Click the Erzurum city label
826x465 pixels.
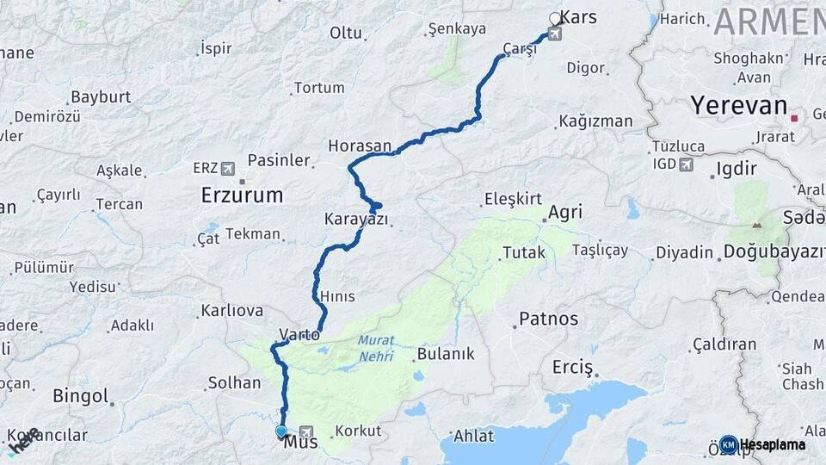point(242,195)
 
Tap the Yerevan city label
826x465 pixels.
point(738,106)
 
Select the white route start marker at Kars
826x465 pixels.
point(555,17)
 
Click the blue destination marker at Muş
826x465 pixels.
point(280,431)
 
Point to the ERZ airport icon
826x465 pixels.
point(227,168)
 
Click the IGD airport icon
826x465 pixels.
point(686,164)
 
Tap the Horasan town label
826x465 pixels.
point(359,146)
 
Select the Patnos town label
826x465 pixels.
point(548,319)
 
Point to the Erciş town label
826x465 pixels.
point(573,369)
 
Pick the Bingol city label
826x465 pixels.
point(80,396)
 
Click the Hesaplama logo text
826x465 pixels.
point(772,445)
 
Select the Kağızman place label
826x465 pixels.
point(595,121)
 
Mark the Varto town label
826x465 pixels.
point(299,333)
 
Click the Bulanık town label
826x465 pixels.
point(445,354)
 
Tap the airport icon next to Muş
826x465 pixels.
point(306,430)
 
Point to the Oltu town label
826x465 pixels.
point(346,33)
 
